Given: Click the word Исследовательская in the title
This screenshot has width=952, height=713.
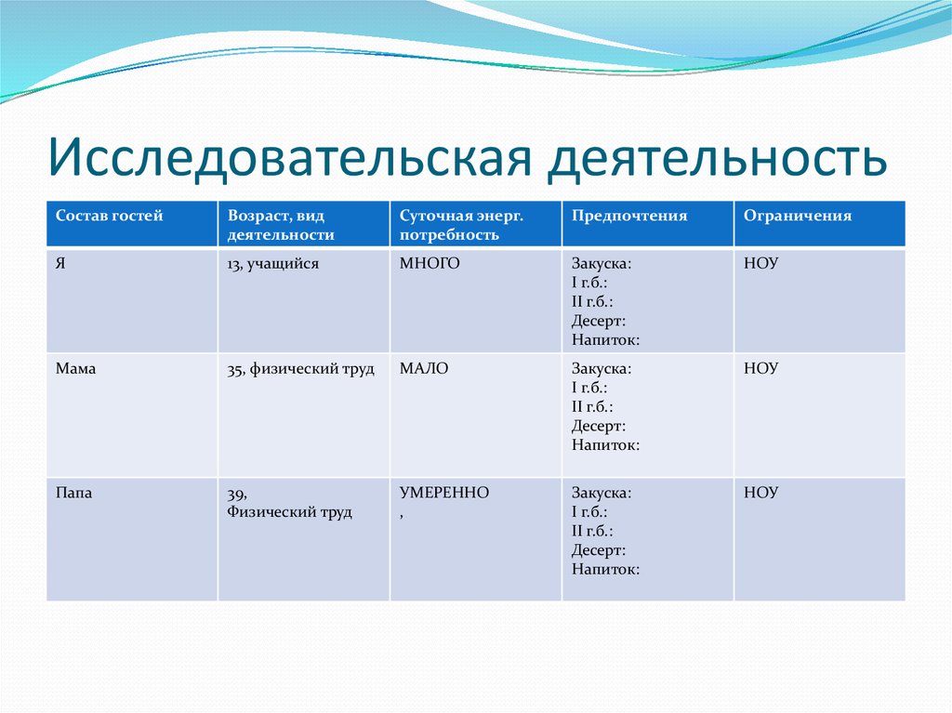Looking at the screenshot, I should click(289, 157).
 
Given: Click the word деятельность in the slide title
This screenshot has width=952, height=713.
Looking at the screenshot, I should click(716, 157).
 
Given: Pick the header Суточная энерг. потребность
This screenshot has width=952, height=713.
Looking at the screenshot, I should click(462, 225).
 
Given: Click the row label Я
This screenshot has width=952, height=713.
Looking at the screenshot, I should click(60, 264).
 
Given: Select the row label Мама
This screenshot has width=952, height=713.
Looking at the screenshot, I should click(76, 368).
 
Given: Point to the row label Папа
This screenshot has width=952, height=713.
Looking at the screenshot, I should click(74, 493).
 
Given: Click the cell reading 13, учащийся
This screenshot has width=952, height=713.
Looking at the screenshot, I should click(272, 264).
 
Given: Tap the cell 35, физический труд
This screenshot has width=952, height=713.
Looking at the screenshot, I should click(300, 368).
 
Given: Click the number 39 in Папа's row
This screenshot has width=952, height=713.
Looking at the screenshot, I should click(236, 494).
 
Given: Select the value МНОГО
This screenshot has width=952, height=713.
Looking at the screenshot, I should click(430, 264).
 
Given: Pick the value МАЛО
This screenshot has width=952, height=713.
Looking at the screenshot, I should click(424, 368).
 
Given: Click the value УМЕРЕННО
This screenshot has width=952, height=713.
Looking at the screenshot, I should click(444, 493).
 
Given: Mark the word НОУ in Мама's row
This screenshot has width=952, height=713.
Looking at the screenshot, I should click(760, 368).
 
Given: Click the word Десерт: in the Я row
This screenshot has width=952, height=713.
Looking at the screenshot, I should click(599, 320).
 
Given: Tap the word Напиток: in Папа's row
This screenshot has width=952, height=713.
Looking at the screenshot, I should click(605, 569).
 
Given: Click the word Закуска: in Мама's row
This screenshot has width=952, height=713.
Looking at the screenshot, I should click(602, 368).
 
